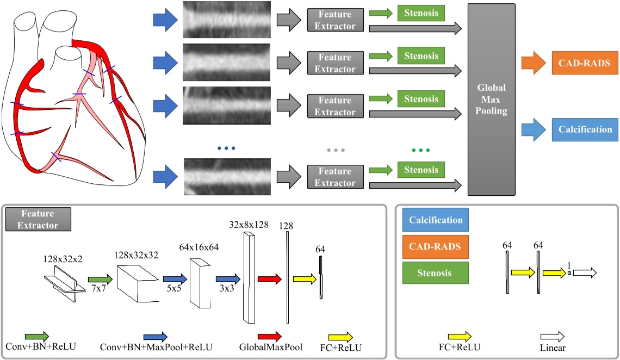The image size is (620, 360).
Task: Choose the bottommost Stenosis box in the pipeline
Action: (421, 170)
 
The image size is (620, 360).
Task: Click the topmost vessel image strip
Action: (227, 20)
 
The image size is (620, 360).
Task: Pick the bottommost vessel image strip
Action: (227, 177)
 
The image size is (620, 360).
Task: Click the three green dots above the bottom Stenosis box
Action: (421, 150)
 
